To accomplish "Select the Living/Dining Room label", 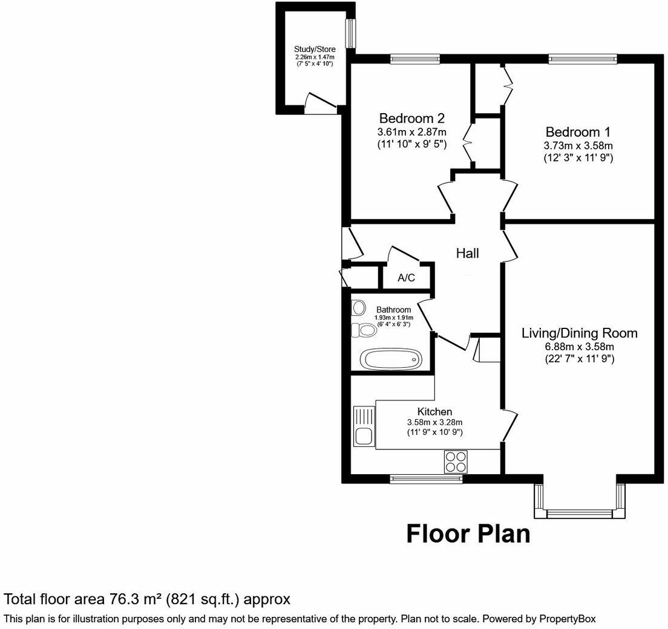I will pyautogui.click(x=580, y=333).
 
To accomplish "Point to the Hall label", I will pyautogui.click(x=467, y=253).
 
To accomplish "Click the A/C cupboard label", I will pyautogui.click(x=406, y=278).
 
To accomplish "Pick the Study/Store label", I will pyautogui.click(x=311, y=50).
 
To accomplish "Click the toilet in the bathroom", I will pyautogui.click(x=364, y=330).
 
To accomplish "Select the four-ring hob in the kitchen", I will pyautogui.click(x=455, y=461).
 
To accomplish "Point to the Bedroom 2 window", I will pyautogui.click(x=414, y=59).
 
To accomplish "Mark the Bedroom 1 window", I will pyautogui.click(x=583, y=59).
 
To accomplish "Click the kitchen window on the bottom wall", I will pyautogui.click(x=427, y=479).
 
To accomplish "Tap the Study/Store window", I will pyautogui.click(x=350, y=33).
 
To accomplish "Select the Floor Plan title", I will pyautogui.click(x=468, y=534).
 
